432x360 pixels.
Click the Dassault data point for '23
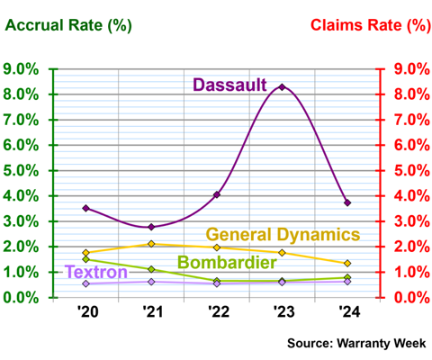point(282,87)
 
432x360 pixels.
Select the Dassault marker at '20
point(85,208)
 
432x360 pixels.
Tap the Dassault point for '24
point(347,202)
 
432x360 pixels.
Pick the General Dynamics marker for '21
point(151,244)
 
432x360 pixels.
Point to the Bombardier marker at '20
point(85,259)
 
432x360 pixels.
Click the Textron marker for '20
point(85,283)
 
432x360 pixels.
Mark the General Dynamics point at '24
point(347,263)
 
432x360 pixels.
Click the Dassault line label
point(230,85)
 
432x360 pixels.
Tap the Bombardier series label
point(226,263)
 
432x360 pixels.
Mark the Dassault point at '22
point(217,194)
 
